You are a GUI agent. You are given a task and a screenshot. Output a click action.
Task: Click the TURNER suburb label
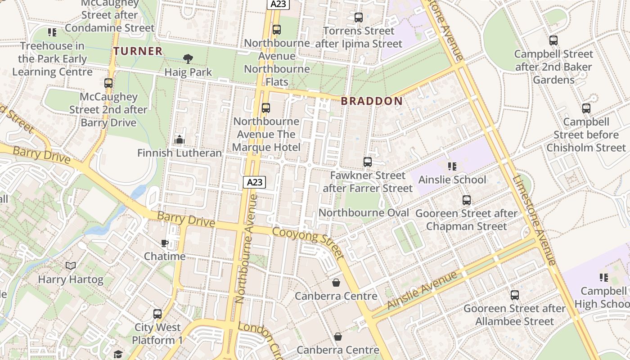138,51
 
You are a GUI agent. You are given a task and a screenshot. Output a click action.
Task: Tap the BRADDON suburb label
372,101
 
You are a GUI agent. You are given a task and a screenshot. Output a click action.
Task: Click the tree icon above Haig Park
188,58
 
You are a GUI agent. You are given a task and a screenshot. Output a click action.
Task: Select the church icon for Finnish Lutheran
180,139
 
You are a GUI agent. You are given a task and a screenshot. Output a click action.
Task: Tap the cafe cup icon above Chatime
165,243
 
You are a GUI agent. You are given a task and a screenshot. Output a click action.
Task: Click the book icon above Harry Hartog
71,266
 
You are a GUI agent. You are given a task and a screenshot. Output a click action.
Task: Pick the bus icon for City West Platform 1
157,314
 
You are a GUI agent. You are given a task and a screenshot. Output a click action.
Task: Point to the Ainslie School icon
452,166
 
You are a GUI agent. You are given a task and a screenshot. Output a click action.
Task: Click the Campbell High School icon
603,278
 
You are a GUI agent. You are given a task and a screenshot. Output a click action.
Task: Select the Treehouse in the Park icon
52,32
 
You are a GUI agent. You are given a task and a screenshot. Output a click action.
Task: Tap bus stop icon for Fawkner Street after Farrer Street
367,162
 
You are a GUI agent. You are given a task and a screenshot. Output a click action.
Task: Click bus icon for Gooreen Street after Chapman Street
466,200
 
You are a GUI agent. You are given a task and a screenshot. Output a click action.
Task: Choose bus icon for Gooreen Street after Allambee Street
514,295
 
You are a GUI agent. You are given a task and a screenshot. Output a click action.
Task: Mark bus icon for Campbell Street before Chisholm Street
586,108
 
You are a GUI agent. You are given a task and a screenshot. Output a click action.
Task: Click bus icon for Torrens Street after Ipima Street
358,18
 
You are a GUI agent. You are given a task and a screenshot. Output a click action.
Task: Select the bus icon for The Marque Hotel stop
266,108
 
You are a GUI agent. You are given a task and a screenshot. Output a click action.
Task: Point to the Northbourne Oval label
364,213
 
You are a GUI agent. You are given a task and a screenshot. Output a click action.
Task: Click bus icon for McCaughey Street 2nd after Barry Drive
108,83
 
